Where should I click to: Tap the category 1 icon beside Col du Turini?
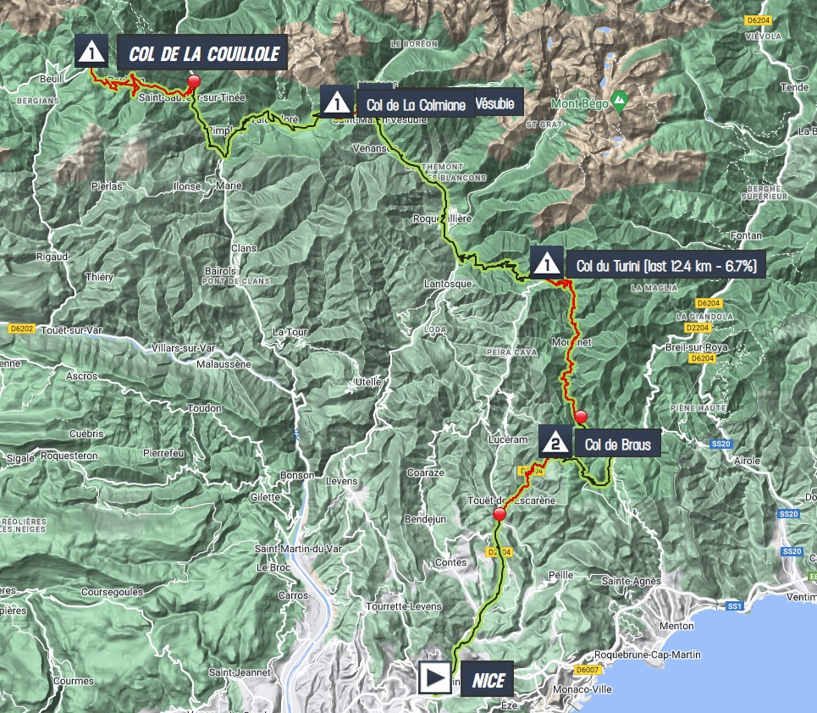(547, 265)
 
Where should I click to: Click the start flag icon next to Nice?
(435, 677)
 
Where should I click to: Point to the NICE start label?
(487, 678)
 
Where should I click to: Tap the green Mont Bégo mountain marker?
(619, 100)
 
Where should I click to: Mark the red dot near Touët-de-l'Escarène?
(499, 515)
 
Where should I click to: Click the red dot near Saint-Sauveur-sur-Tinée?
(194, 81)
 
